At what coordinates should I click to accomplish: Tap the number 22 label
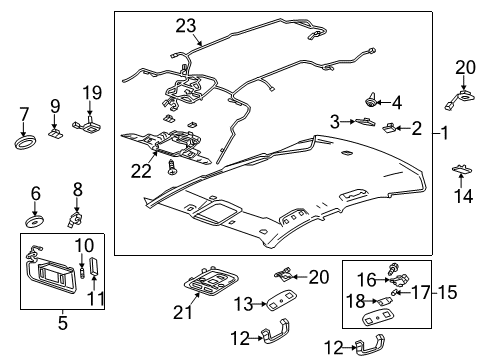click(x=141, y=170)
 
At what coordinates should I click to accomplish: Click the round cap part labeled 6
click(x=36, y=215)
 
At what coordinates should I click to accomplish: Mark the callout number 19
click(x=92, y=95)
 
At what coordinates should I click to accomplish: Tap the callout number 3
click(x=336, y=121)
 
